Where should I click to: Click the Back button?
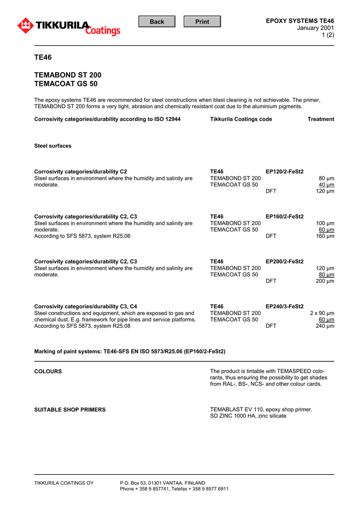click(x=157, y=21)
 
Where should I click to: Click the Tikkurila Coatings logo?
click(x=69, y=26)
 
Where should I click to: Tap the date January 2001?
click(x=315, y=27)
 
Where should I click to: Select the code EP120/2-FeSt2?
click(x=284, y=171)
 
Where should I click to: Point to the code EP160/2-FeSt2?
click(x=284, y=217)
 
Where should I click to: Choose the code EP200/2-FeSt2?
click(x=284, y=261)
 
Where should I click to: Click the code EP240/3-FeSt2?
click(x=284, y=307)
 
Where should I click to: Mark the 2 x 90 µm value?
click(x=322, y=313)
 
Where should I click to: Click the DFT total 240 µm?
click(x=325, y=326)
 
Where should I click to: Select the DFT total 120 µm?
click(x=325, y=191)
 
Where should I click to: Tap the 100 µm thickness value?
click(x=325, y=223)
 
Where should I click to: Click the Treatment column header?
click(x=321, y=119)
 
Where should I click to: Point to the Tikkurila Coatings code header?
click(x=241, y=119)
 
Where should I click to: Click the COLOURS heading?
click(x=48, y=371)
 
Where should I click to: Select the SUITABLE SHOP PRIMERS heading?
click(x=70, y=410)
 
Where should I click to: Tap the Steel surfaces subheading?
click(x=53, y=146)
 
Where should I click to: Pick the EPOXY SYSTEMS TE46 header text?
click(x=300, y=20)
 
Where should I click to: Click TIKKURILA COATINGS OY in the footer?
click(x=64, y=483)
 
